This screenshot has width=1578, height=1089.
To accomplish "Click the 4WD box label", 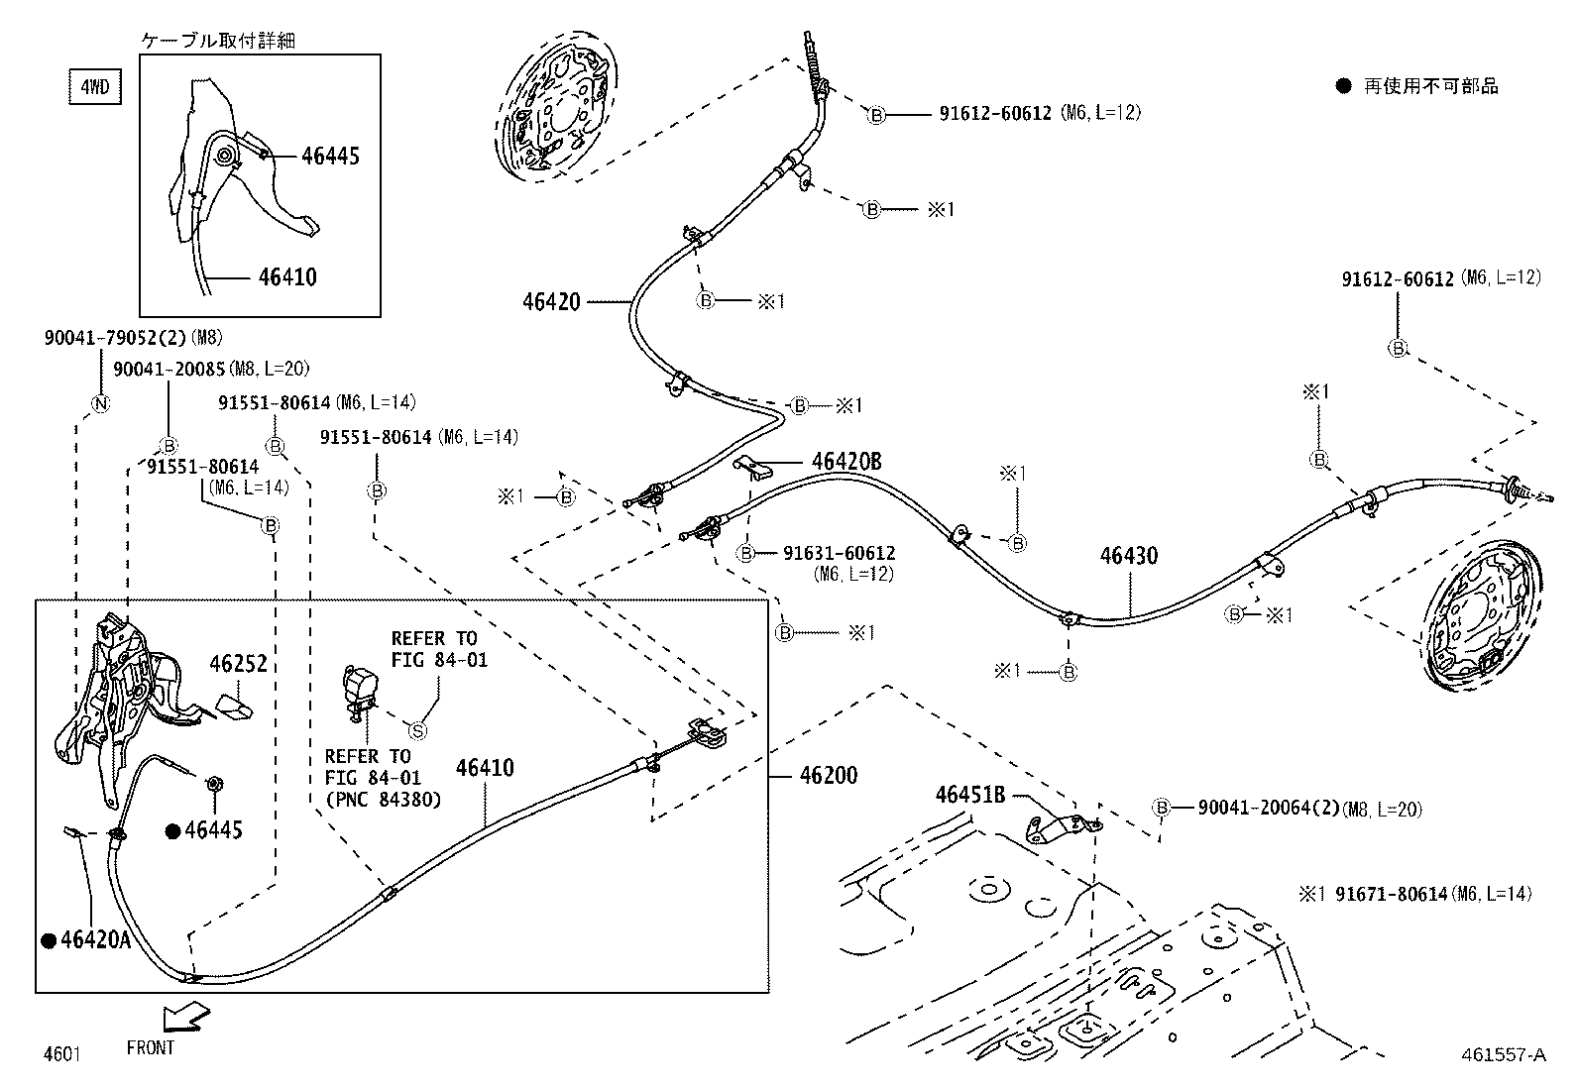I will (x=94, y=87).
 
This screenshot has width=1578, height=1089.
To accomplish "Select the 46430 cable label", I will (x=1128, y=556).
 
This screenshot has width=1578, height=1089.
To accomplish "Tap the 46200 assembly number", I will (x=828, y=775).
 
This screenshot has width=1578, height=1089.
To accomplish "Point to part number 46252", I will (x=238, y=664).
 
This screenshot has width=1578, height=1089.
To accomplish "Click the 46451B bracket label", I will (x=970, y=794).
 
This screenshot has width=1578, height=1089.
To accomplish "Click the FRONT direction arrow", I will (x=185, y=1016).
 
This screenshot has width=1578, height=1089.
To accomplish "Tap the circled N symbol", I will (x=100, y=403).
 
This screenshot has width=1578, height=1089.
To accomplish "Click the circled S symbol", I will (x=418, y=730).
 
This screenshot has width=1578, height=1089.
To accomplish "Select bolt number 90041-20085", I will (x=169, y=369).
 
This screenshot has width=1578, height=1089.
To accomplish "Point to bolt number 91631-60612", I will (x=839, y=553).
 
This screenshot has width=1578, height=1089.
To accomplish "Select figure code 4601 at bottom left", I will (x=61, y=1053).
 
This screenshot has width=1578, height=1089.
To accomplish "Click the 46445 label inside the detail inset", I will (x=330, y=156).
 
